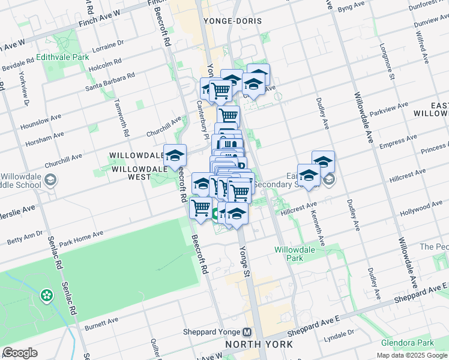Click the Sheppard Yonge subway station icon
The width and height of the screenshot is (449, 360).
(x=247, y=332)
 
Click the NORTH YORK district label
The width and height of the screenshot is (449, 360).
(x=259, y=344)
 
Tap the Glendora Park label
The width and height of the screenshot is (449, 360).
(x=406, y=343)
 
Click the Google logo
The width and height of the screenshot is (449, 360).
(x=20, y=352)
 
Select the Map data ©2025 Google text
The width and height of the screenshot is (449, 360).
(x=412, y=355)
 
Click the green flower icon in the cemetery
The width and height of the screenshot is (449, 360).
(x=46, y=295)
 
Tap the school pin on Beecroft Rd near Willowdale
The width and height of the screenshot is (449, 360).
(x=175, y=155)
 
